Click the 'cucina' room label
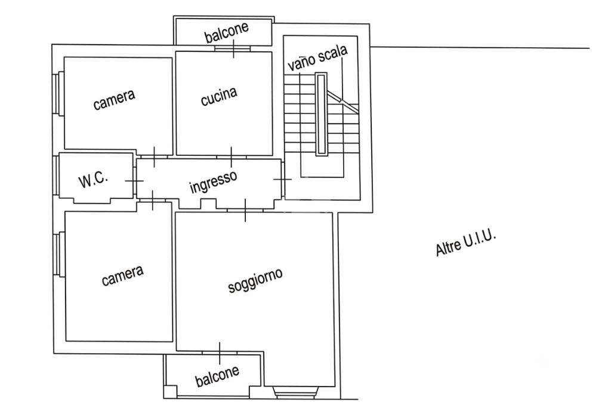(218, 96)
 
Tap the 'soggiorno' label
(255, 280)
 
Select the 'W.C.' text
(93, 180)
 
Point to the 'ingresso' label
(213, 182)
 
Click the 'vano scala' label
(317, 58)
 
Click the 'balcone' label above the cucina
(227, 32)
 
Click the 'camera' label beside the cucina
(114, 100)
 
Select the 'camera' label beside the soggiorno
(122, 275)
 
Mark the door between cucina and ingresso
(232, 157)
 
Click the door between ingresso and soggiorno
(245, 211)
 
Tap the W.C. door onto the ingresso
(135, 181)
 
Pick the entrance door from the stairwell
(283, 179)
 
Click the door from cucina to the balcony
(233, 49)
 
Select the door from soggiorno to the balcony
(220, 352)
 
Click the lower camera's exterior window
(58, 254)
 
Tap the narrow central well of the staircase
(321, 115)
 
